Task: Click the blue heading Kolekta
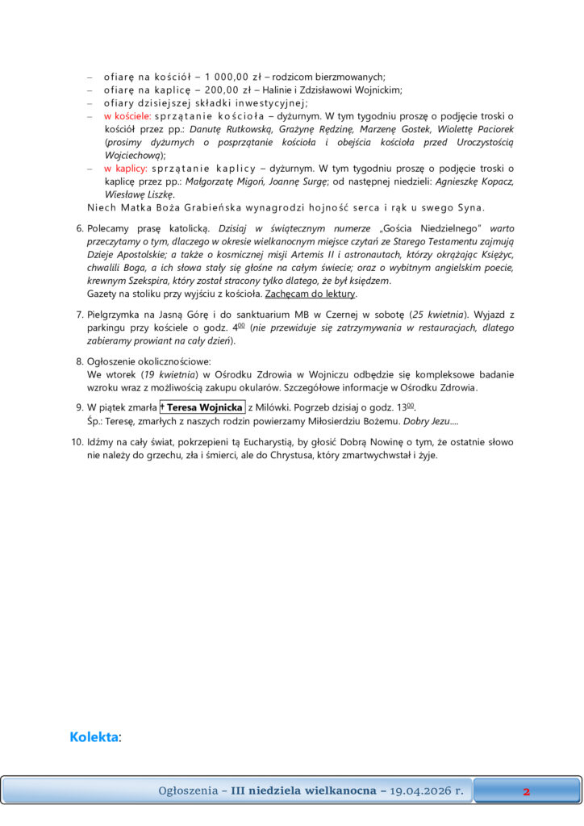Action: click(94, 736)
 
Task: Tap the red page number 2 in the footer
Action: click(526, 791)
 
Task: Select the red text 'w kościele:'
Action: click(127, 115)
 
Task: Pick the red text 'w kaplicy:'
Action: click(125, 169)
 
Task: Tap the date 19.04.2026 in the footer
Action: click(427, 791)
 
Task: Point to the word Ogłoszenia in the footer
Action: click(187, 791)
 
